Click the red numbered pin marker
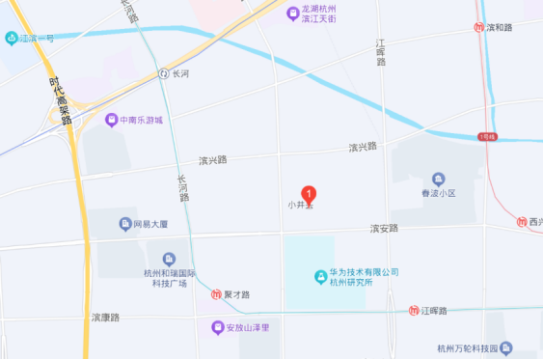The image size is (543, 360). (309, 193)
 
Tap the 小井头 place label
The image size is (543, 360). (301, 205)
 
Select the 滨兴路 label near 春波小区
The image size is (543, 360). (363, 147)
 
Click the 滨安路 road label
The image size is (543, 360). (384, 229)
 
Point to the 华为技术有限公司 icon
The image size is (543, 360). (321, 278)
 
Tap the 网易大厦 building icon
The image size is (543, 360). (125, 225)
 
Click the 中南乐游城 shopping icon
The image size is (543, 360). (112, 121)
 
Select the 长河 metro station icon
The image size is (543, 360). (164, 73)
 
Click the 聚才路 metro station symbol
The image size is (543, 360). (218, 294)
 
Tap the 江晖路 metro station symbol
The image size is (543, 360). (414, 310)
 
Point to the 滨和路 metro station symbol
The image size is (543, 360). (479, 27)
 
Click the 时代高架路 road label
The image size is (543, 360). (59, 99)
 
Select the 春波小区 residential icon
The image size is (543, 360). (439, 180)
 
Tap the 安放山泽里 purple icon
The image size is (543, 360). (218, 327)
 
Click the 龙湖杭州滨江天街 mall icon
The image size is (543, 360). (293, 14)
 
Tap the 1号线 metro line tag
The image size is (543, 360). (487, 137)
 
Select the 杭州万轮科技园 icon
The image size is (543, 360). (506, 347)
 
